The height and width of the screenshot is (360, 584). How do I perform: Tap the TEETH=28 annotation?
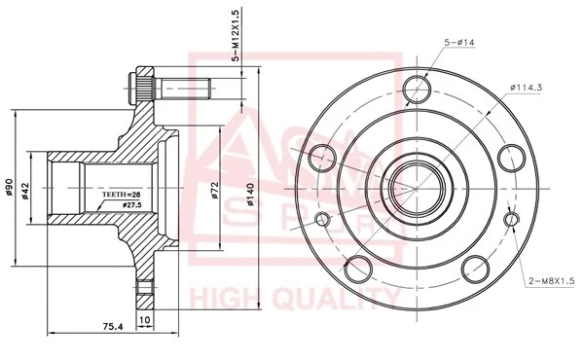(x=123, y=195)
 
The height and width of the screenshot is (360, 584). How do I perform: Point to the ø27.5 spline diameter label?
(x=133, y=205)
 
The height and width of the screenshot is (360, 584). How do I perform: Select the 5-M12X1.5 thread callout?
(x=235, y=35)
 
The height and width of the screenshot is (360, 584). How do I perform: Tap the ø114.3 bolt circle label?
(x=525, y=88)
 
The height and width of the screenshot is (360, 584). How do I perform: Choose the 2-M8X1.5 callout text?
(x=550, y=281)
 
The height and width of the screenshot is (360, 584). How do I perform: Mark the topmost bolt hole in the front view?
(x=418, y=87)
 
